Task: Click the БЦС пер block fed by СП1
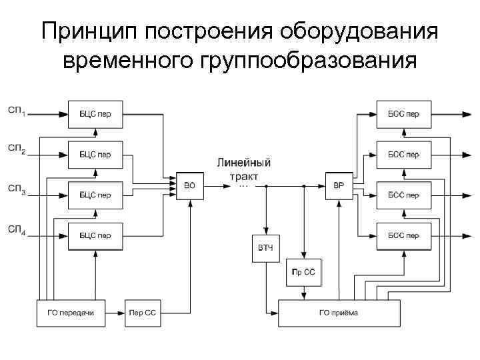click(x=95, y=114)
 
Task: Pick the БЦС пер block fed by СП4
click(x=95, y=236)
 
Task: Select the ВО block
click(x=190, y=185)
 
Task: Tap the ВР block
click(x=339, y=185)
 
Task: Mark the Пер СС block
click(x=143, y=313)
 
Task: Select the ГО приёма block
click(x=339, y=313)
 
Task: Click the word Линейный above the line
click(x=243, y=163)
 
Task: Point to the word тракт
click(x=243, y=177)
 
